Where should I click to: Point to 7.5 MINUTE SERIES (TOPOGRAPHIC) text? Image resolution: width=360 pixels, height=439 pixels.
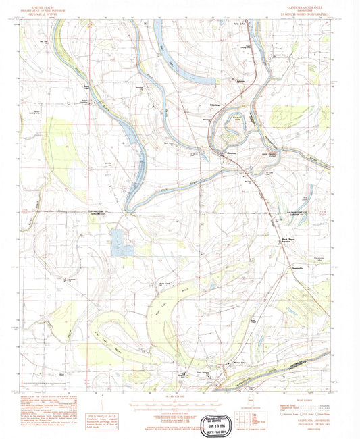309,13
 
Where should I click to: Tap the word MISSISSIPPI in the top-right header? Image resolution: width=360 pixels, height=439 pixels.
309,9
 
